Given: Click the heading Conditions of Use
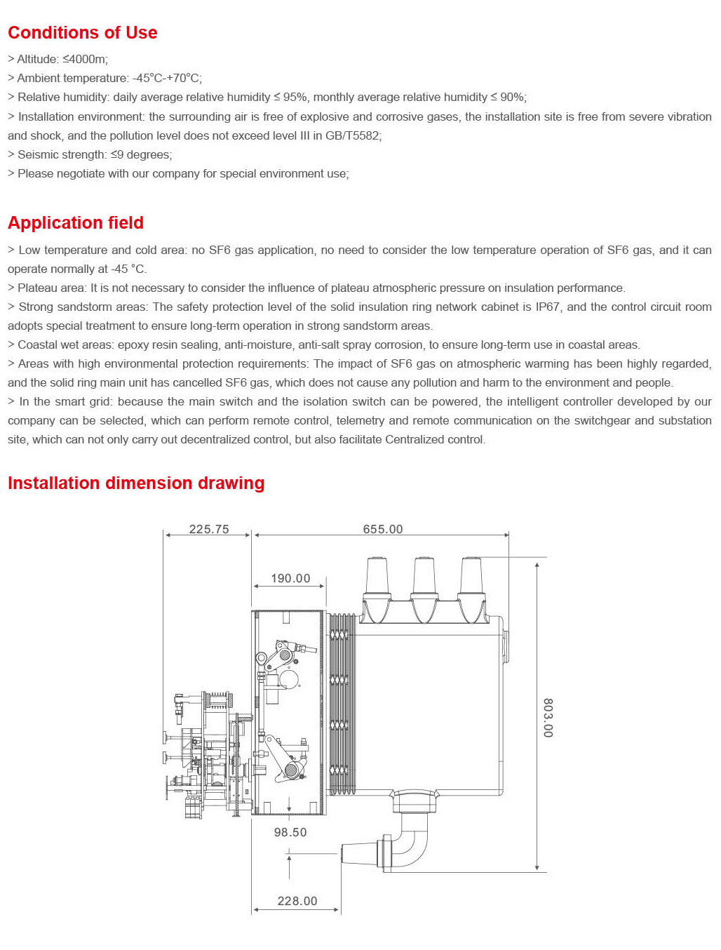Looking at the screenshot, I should tap(82, 33).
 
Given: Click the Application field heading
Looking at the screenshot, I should tap(76, 223).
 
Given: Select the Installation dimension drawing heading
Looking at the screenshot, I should tap(136, 483).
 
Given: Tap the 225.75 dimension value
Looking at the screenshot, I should tap(209, 529).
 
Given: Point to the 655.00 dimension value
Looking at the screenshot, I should tap(383, 529).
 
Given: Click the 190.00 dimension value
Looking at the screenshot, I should tap(290, 578).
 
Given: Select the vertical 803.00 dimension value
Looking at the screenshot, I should tap(548, 717).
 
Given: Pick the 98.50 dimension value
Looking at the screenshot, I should tap(290, 832).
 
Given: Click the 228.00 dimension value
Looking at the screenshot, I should tap(297, 901).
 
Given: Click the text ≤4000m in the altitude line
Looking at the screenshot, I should tap(85, 60).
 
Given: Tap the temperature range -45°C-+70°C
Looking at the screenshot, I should tap(167, 79).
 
